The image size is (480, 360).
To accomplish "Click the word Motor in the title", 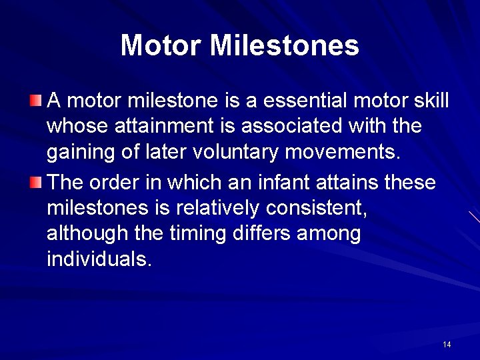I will (161, 45).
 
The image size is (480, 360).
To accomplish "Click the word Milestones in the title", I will (285, 45).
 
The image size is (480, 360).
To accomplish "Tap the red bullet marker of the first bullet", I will (36, 101).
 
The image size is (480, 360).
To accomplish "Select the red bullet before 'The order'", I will (36, 181).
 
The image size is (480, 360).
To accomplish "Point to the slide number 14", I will (447, 344).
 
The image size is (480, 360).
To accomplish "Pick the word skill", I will (431, 101).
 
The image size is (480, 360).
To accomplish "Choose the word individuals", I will (99, 260).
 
